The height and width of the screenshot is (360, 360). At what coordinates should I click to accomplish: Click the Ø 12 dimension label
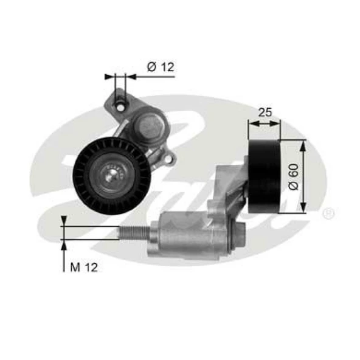(x=160, y=67)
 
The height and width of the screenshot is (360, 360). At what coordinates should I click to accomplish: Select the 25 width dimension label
(x=264, y=112)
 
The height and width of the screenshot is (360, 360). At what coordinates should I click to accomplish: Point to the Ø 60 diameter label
(x=294, y=176)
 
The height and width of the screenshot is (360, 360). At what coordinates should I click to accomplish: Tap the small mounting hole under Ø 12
(x=120, y=106)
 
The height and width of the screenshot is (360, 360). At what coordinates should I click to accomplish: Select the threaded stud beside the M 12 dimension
(x=136, y=233)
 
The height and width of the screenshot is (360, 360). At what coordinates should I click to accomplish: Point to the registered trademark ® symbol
(x=329, y=213)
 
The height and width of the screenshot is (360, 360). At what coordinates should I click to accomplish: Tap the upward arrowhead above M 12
(x=64, y=244)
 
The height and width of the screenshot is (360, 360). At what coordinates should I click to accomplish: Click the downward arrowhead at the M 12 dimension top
(x=64, y=221)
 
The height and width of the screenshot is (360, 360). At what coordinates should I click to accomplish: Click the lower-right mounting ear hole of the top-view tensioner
(x=169, y=159)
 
